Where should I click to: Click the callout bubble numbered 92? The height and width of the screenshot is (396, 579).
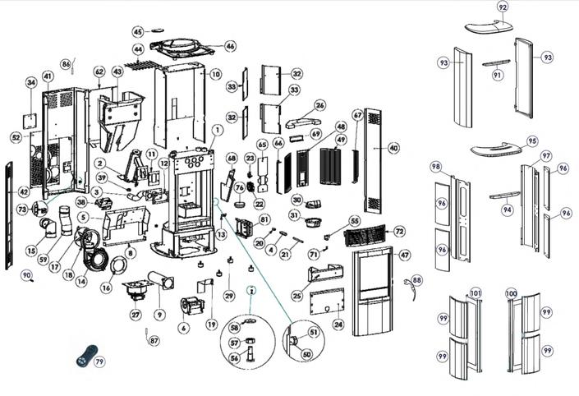(503, 7)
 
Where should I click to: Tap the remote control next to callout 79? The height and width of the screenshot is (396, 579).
(85, 356)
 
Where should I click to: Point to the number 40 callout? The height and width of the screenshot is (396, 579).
(394, 148)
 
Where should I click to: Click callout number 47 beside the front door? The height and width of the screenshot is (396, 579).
(405, 256)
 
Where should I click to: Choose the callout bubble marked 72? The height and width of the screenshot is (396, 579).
(399, 232)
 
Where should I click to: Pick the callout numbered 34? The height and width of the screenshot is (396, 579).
(31, 82)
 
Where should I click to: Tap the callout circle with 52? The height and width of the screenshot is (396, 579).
(16, 137)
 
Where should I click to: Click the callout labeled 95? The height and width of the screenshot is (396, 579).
(532, 141)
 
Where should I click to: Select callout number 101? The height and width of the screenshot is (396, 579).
(475, 292)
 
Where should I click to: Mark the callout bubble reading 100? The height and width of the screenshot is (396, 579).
(512, 292)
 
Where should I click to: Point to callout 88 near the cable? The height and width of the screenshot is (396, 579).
(417, 281)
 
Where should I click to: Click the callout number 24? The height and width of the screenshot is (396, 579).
(338, 325)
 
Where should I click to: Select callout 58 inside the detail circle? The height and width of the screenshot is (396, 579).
(234, 328)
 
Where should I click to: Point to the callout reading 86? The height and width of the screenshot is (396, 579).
(67, 64)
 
